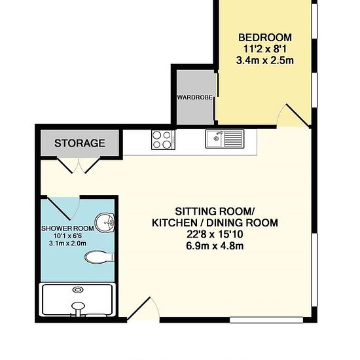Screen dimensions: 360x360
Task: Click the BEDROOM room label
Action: point(265,37)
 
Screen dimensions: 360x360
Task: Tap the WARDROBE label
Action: point(194,98)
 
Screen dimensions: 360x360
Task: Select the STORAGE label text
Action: point(80,143)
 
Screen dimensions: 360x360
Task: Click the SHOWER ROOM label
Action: point(67,228)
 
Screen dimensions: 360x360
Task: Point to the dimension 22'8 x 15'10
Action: point(215,234)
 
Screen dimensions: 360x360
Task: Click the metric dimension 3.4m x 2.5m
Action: point(265,61)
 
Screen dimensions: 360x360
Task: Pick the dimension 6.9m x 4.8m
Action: point(215,246)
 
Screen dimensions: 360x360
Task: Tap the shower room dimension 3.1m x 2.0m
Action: point(67,243)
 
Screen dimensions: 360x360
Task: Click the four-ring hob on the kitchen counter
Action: point(163,140)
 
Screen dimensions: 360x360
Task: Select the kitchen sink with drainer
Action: point(225,139)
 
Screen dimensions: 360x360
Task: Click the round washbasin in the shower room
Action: point(105,223)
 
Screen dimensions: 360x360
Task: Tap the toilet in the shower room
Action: point(99,257)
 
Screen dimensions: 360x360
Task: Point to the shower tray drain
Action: point(78,290)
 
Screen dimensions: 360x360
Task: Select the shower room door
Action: point(63,207)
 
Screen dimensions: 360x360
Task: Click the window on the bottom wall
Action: point(266,320)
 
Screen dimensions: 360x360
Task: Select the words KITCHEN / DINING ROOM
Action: point(215,223)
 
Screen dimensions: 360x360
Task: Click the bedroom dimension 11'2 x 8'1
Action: point(265,49)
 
